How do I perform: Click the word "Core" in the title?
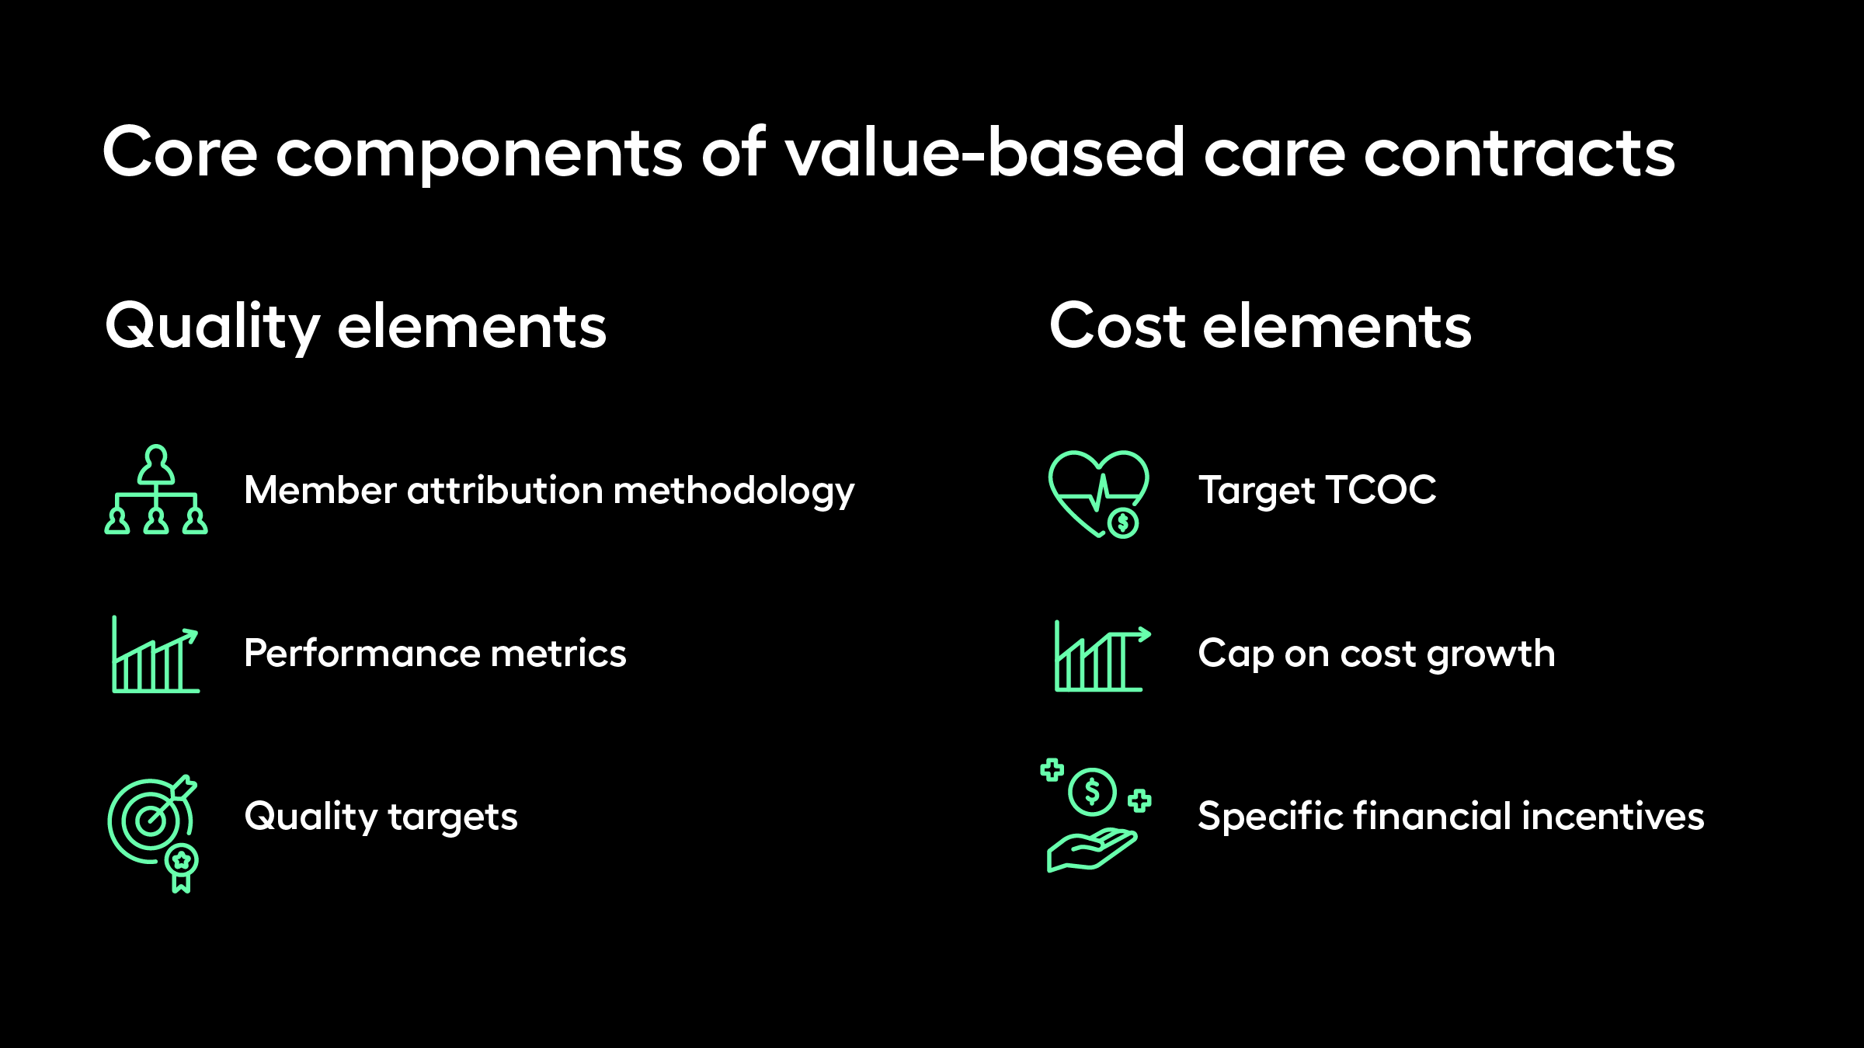pos(180,152)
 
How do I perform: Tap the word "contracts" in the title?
pos(1520,152)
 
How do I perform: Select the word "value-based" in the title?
pos(985,152)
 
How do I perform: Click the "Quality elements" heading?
pos(356,327)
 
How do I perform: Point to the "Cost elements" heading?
pos(1261,325)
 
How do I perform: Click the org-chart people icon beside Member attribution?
pos(156,490)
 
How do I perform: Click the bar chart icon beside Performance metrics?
pos(155,654)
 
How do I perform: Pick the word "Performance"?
pos(362,653)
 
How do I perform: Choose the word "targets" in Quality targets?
pos(453,818)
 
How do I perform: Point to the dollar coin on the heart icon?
pos(1122,522)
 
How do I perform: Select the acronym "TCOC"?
pos(1382,490)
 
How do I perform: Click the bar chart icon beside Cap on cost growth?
pos(1102,658)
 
